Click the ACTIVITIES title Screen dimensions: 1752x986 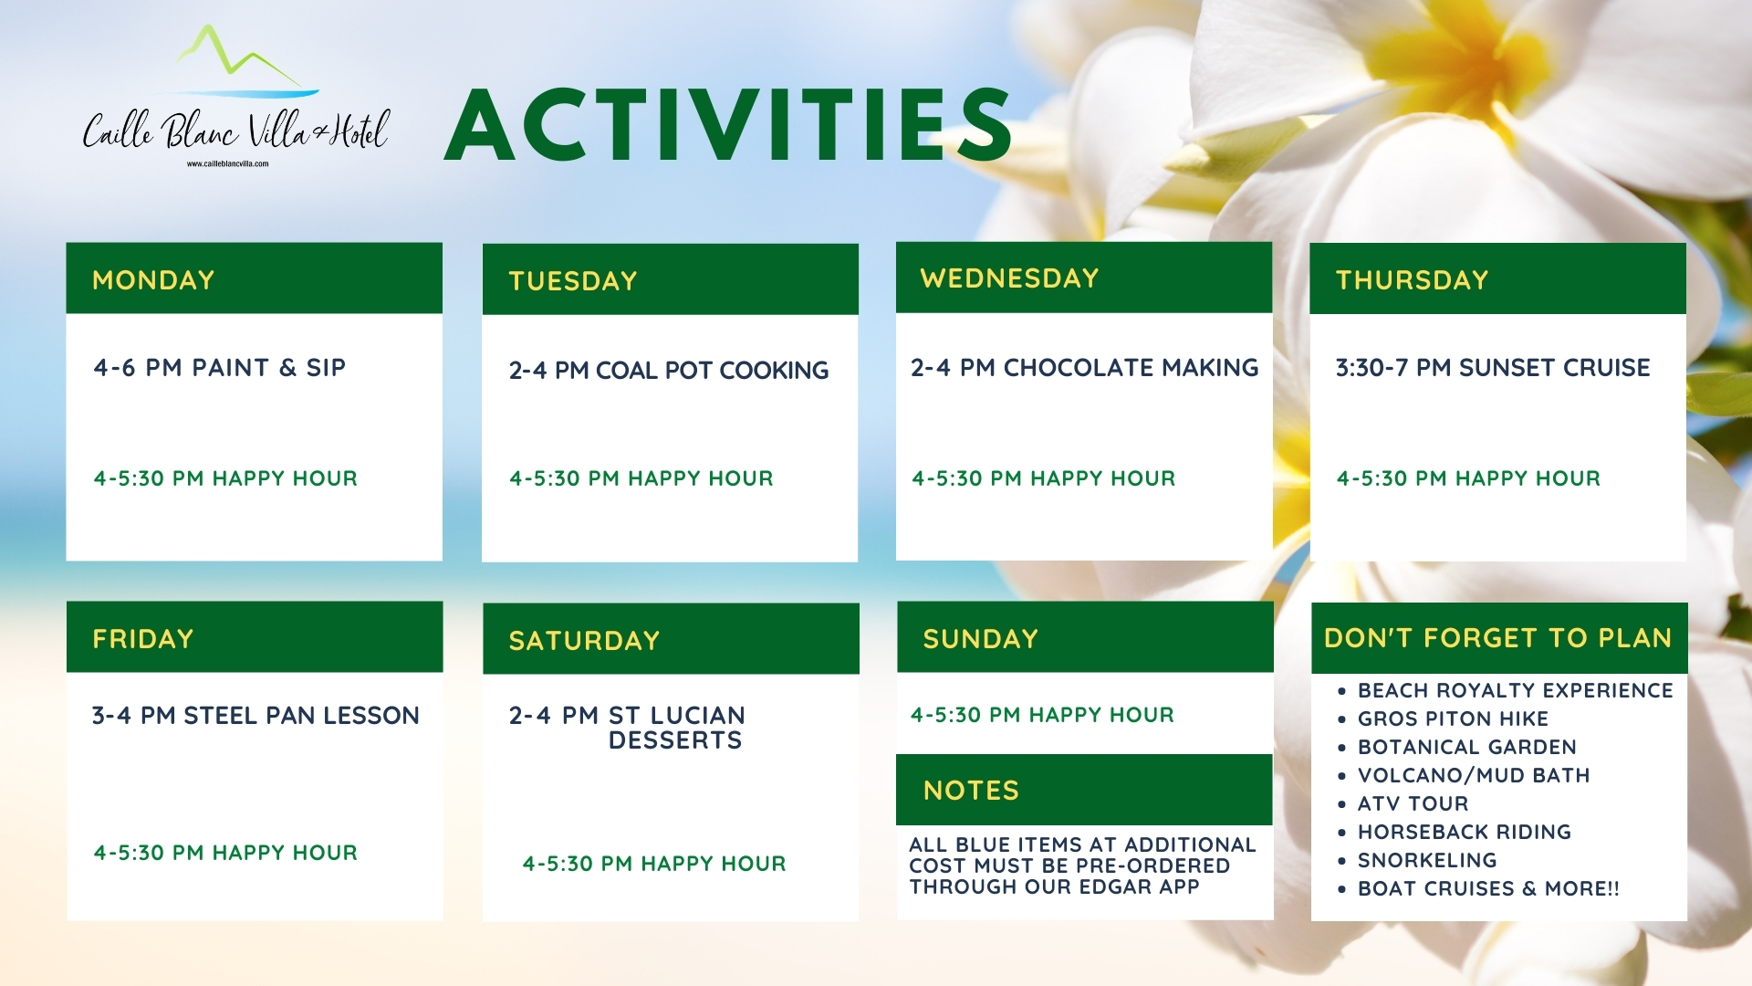click(728, 125)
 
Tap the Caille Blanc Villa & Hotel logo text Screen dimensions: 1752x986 click(236, 131)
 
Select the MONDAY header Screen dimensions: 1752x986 click(153, 279)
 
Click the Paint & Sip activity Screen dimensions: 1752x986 click(219, 367)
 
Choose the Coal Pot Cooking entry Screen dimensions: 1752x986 click(669, 370)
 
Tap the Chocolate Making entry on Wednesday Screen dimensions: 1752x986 click(1084, 367)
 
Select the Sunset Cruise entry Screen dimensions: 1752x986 click(1493, 367)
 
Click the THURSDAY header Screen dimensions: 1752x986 click(1412, 279)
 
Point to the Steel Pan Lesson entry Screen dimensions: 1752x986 click(255, 715)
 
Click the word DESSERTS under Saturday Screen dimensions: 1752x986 click(675, 739)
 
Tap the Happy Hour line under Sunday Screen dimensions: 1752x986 click(1042, 715)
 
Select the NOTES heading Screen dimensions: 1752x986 click(971, 790)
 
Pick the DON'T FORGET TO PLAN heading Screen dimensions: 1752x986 click(1497, 637)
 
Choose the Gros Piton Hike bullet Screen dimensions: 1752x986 click(1453, 719)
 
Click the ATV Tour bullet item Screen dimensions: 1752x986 click(1413, 803)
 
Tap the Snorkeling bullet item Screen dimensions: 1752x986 click(1427, 860)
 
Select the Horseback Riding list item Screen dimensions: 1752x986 click(1464, 832)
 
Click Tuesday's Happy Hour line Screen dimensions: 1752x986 click(641, 477)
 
